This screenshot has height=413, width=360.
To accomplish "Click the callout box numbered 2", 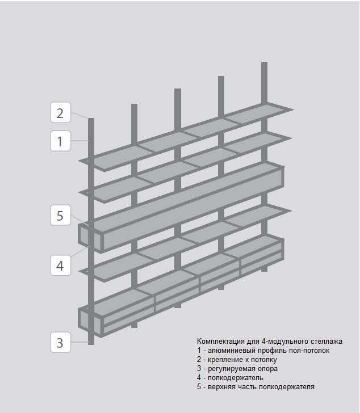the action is (x=60, y=112).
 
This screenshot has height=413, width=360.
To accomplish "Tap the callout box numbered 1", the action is (x=60, y=141).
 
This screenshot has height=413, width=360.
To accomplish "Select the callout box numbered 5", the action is (x=60, y=215).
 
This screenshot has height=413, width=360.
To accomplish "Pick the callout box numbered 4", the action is (x=60, y=265).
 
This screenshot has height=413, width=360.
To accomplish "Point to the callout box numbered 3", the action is (x=60, y=342).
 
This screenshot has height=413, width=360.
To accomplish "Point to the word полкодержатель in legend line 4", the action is (x=235, y=378).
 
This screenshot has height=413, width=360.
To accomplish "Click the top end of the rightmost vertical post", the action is (x=265, y=62).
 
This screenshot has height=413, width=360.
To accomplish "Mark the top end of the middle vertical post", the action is (x=178, y=89).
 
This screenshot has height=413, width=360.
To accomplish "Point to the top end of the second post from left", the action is (x=135, y=104).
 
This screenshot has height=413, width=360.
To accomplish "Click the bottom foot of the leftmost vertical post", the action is (x=91, y=344).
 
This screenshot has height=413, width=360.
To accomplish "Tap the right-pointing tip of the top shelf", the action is (x=292, y=109).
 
